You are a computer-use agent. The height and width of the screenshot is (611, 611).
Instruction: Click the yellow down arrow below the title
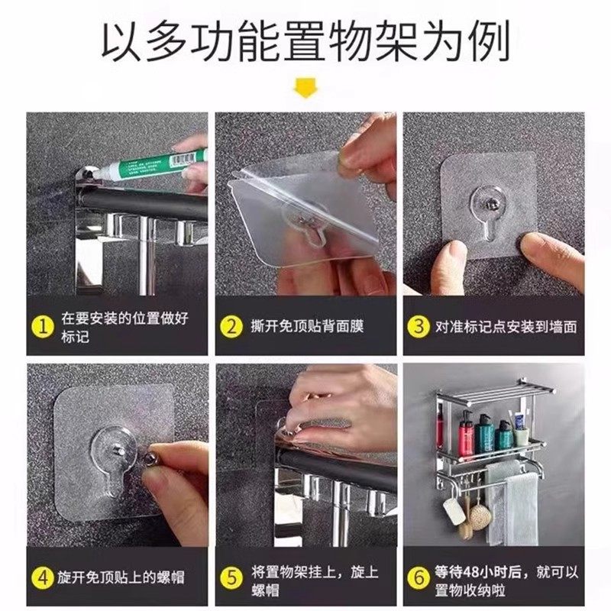coord(305,87)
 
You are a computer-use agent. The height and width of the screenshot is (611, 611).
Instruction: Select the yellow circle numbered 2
coord(231,327)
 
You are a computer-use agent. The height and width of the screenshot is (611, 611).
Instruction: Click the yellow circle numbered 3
coord(419,326)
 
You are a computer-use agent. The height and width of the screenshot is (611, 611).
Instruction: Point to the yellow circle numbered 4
coord(43,577)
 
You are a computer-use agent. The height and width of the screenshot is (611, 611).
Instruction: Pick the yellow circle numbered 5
coord(231,577)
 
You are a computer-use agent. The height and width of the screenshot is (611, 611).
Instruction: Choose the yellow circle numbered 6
coord(419,577)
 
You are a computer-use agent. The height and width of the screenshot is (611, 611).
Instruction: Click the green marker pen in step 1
coord(152,165)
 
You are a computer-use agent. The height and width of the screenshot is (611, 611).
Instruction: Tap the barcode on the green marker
coord(183,160)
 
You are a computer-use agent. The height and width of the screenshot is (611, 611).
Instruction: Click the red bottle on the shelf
coord(466,433)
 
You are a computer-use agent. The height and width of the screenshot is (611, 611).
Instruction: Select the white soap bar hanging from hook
coord(452,511)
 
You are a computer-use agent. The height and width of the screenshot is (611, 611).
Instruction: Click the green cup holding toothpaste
coord(521,437)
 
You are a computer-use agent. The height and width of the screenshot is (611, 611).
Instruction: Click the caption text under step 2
coord(308,327)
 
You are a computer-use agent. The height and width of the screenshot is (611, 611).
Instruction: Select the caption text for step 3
coord(506,327)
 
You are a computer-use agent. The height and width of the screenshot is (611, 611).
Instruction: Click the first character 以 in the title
coord(121,41)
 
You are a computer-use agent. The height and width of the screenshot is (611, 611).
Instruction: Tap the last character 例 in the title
coord(489,41)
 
